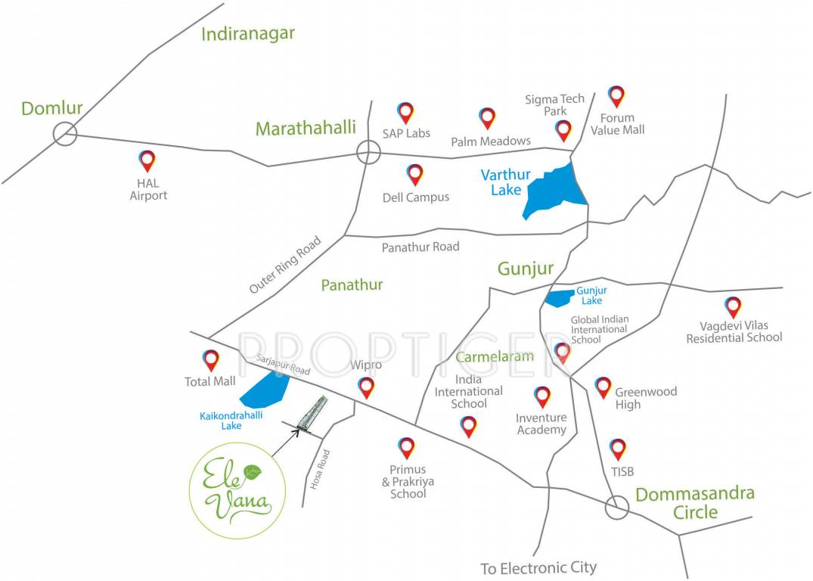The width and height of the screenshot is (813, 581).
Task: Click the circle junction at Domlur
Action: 65,134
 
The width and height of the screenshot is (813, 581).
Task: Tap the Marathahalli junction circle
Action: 368,152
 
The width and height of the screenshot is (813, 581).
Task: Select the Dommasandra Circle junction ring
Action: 618,508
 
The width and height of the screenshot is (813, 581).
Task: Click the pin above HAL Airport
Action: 147,160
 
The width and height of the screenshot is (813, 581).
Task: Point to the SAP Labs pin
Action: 406,112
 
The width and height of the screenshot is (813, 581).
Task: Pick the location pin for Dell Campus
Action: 414,174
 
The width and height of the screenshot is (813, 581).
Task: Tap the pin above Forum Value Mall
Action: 616,95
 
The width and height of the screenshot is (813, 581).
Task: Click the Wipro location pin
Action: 367,387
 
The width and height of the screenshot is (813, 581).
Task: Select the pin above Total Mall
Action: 211,359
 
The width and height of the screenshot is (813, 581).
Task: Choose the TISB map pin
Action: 617,449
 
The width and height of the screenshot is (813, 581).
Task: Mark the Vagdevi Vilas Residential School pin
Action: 733,306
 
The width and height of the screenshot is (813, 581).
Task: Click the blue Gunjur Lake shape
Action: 560,298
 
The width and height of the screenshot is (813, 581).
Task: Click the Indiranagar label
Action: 248,34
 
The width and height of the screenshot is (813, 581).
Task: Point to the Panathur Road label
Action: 420,247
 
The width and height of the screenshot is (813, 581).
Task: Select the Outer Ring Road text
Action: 284,266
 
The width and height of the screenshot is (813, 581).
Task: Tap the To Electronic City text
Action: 538,567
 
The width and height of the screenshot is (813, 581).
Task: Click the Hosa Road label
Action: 321,469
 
